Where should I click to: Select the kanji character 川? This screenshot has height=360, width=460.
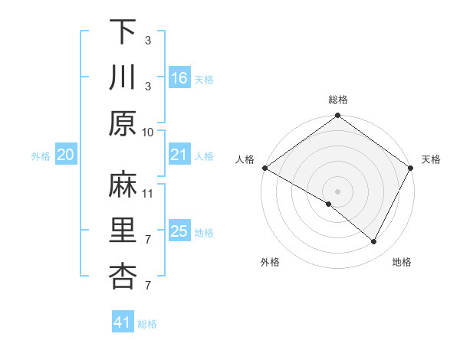pos(123,77)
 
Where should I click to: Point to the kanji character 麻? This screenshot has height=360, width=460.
pos(123,185)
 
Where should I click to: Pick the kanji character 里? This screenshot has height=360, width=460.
pos(123,231)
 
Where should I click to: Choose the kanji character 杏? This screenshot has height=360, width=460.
pos(123,277)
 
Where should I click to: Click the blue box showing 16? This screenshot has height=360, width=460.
pos(179,77)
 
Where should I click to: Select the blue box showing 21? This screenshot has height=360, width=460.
pos(179,155)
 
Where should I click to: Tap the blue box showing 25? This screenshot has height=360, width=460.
pos(179,231)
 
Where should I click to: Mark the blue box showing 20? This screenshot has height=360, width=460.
pos(66,155)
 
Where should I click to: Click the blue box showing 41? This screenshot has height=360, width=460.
pos(123,322)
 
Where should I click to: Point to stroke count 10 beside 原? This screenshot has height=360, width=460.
pos(148,131)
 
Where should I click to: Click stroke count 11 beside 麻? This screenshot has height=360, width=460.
pos(148,193)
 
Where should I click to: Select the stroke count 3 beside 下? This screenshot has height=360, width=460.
pos(148,39)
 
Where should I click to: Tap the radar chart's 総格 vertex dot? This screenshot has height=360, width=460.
pos(337,116)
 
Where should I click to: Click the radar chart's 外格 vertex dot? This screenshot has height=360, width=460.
pos(329,205)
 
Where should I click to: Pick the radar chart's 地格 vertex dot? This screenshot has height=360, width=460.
pos(374,241)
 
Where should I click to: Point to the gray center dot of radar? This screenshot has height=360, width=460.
pos(337,191)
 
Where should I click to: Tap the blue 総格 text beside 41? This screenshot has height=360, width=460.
pos(147,324)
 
